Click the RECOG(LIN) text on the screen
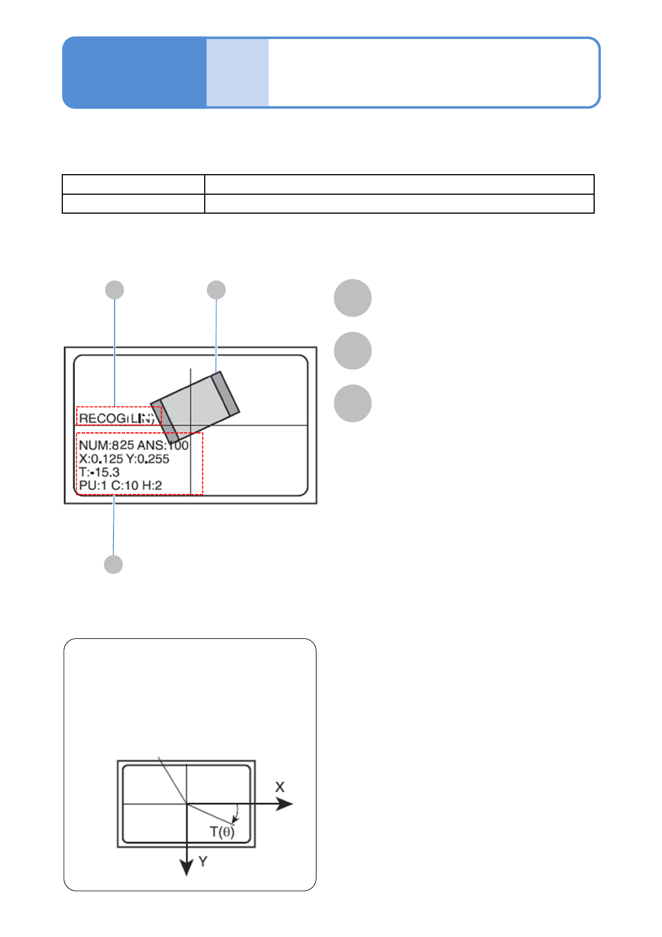tap(117, 418)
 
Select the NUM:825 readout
tap(106, 445)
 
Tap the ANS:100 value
tap(163, 445)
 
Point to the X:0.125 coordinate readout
tap(101, 459)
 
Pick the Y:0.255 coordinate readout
tap(147, 459)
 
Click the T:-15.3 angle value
tap(99, 472)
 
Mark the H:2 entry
tap(152, 486)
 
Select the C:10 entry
tap(125, 486)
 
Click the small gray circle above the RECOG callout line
tap(115, 290)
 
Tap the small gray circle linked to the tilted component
tap(216, 290)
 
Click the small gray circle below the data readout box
tap(113, 564)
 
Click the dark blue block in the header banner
tap(134, 72)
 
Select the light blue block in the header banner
tap(238, 72)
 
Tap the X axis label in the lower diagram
tap(280, 787)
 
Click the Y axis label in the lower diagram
tap(203, 862)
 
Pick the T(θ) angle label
tap(222, 832)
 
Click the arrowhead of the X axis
tap(285, 804)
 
